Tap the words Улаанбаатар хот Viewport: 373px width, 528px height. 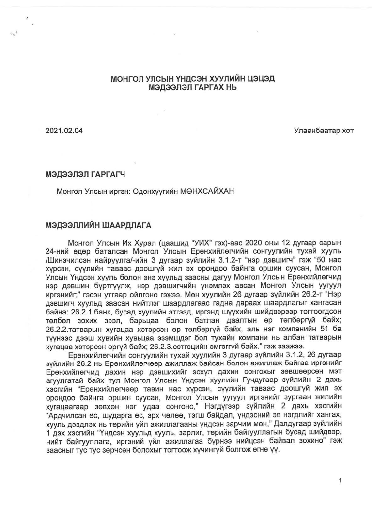pyautogui.click(x=324, y=132)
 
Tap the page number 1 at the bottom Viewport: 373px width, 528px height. pyautogui.click(x=341, y=480)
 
